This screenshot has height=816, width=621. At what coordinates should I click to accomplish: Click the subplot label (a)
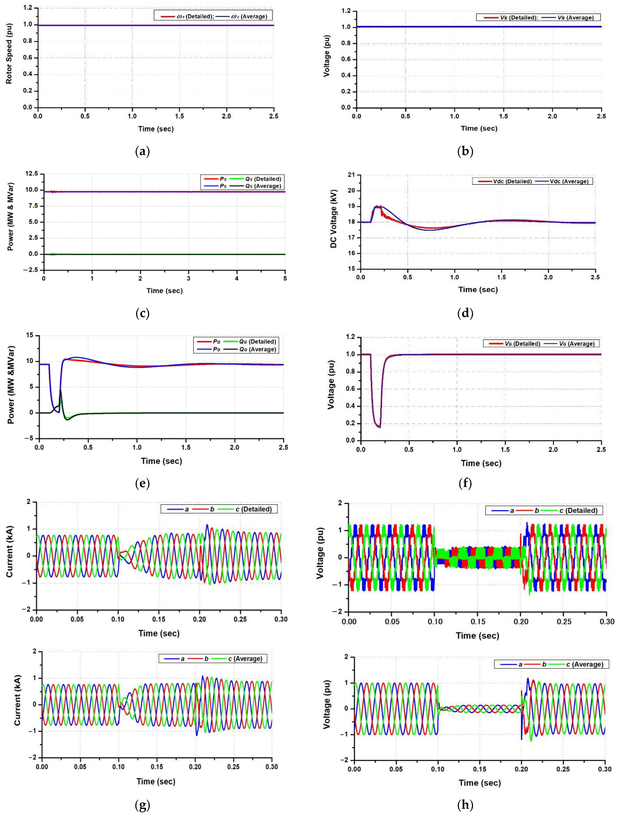(x=143, y=151)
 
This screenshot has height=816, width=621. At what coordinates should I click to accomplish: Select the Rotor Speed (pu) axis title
(x=9, y=54)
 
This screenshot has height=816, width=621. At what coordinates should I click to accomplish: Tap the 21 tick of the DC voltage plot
(x=351, y=175)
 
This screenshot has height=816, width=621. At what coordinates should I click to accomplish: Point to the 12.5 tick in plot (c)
(x=31, y=173)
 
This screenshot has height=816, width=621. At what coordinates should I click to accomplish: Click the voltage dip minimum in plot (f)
(x=379, y=427)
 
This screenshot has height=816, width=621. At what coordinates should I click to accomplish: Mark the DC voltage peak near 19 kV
(x=377, y=207)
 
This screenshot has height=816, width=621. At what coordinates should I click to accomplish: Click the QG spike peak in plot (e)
(x=60, y=390)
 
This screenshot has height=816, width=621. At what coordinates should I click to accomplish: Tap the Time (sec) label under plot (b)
(x=479, y=128)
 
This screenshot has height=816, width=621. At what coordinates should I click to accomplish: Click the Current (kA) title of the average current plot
(x=17, y=700)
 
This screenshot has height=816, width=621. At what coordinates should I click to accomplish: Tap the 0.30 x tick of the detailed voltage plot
(x=607, y=622)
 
